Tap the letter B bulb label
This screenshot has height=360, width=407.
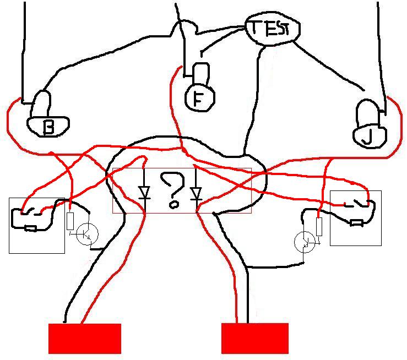pyautogui.click(x=48, y=127)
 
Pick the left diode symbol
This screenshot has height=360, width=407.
pyautogui.click(x=144, y=193)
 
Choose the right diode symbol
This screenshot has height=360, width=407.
pyautogui.click(x=196, y=193)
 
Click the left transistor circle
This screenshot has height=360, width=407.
pyautogui.click(x=86, y=234)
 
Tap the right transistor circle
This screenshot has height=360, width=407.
pyautogui.click(x=305, y=241)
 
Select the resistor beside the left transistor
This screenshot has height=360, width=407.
pyautogui.click(x=70, y=221)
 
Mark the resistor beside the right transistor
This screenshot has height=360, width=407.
pyautogui.click(x=319, y=226)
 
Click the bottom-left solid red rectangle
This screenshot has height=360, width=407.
pyautogui.click(x=85, y=338)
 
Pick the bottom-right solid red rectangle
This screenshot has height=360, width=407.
pyautogui.click(x=254, y=338)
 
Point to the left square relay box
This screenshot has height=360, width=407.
pyautogui.click(x=36, y=225)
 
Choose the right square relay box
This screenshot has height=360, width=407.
pyautogui.click(x=355, y=218)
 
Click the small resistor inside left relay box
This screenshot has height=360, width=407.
pyautogui.click(x=30, y=228)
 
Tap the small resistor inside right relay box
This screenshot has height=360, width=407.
pyautogui.click(x=357, y=223)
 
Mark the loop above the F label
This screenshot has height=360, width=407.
pyautogui.click(x=202, y=72)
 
